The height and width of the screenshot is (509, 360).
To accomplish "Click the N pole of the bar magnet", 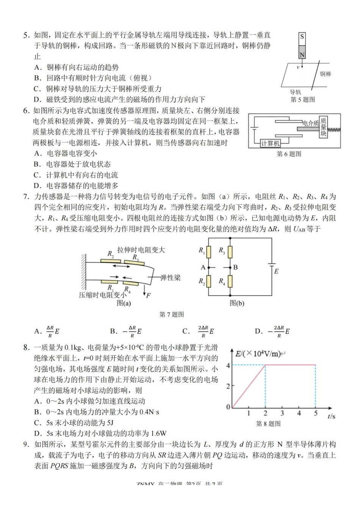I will pyautogui.click(x=302, y=54).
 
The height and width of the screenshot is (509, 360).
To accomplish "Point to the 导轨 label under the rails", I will pyautogui.click(x=296, y=92).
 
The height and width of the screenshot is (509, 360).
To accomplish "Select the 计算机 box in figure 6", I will pyautogui.click(x=270, y=143).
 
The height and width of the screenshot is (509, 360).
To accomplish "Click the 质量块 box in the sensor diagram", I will pyautogui.click(x=323, y=127).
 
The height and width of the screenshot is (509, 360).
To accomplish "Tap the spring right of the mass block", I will pyautogui.click(x=334, y=130).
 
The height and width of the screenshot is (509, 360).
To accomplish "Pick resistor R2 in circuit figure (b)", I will pyautogui.click(x=208, y=282).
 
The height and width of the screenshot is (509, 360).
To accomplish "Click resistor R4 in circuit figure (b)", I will pyautogui.click(x=230, y=282).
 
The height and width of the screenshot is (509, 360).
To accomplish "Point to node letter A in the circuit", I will pyautogui.click(x=203, y=267).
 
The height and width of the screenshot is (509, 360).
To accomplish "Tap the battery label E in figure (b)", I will pyautogui.click(x=277, y=271).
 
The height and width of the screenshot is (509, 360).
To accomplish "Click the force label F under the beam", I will pyautogui.click(x=149, y=295).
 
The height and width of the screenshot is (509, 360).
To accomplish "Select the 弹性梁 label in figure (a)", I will pyautogui.click(x=171, y=278).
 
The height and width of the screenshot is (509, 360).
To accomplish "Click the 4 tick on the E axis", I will pyautogui.click(x=228, y=365).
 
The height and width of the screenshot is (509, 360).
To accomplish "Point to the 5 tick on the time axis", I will pyautogui.click(x=316, y=413).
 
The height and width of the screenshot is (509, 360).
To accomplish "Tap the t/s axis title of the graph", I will pyautogui.click(x=331, y=416).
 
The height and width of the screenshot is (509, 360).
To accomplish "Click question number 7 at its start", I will pyautogui.click(x=26, y=197).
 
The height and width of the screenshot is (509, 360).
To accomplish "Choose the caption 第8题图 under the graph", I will pyautogui.click(x=268, y=424).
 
